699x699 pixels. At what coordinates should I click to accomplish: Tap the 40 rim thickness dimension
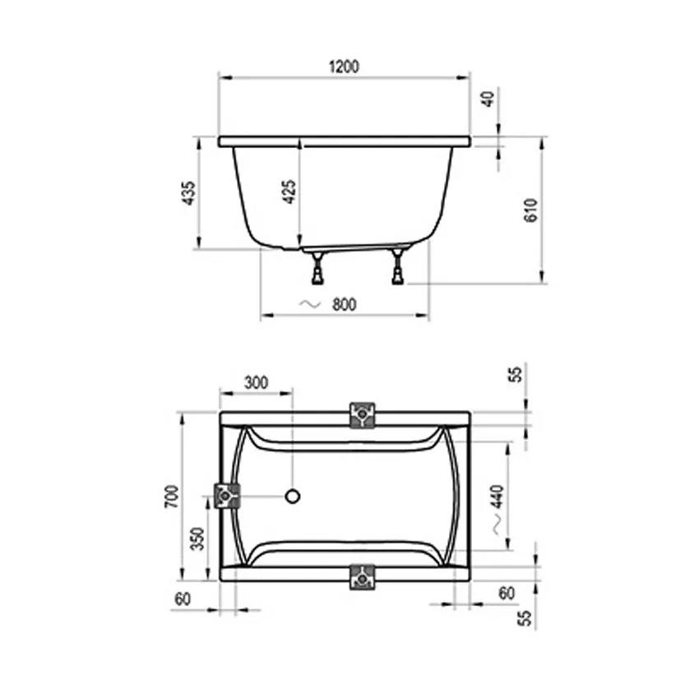(488, 99)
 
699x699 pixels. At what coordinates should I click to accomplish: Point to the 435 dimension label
(188, 192)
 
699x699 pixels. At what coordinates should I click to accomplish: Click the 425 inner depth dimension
(288, 191)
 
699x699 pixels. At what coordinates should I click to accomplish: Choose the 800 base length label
(344, 304)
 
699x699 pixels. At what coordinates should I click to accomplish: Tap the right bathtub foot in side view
(399, 266)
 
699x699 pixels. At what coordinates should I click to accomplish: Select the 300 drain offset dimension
(257, 382)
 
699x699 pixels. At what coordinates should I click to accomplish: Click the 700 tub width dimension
(171, 496)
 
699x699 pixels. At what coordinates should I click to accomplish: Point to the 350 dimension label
(197, 539)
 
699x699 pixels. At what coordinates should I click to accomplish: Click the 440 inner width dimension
(497, 498)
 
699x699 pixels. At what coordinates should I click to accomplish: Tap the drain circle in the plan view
(293, 496)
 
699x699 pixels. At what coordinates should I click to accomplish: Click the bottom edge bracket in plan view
(362, 577)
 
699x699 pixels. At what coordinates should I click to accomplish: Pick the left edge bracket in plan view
(227, 496)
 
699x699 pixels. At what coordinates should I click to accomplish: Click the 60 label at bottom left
(183, 599)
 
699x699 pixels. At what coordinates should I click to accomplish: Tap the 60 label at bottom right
(507, 592)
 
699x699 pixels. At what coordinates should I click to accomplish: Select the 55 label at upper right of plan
(516, 374)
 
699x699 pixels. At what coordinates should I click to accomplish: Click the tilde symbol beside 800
(309, 304)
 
